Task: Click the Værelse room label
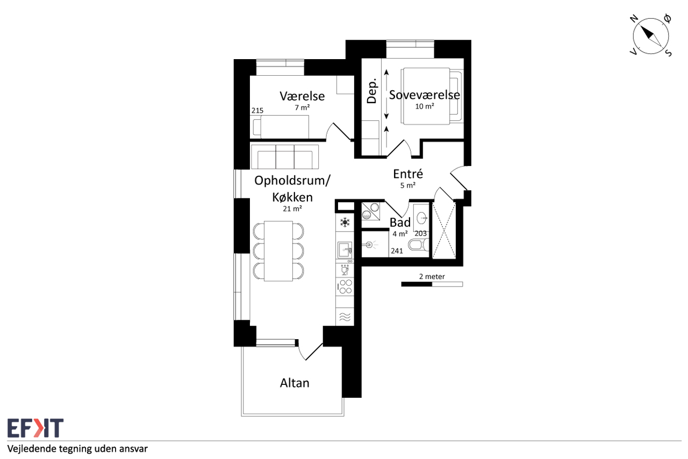[x=302, y=96]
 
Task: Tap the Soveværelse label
[x=425, y=95]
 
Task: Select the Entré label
[x=408, y=174]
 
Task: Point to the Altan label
[x=295, y=383]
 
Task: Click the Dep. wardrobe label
[x=371, y=91]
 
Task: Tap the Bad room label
[x=400, y=222]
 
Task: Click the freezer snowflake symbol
[x=345, y=222]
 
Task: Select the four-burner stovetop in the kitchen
[x=345, y=286]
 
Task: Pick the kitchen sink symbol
[x=345, y=250]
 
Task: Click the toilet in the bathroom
[x=418, y=245]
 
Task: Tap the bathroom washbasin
[x=421, y=218]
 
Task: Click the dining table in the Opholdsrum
[x=278, y=251]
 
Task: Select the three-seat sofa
[x=285, y=157]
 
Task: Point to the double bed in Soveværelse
[x=432, y=96]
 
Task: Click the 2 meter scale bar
[x=432, y=284]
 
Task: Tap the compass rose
[x=651, y=36]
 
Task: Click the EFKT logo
[x=35, y=428]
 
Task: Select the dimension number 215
[x=257, y=111]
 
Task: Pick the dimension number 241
[x=397, y=251]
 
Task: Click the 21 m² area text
[x=292, y=209]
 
